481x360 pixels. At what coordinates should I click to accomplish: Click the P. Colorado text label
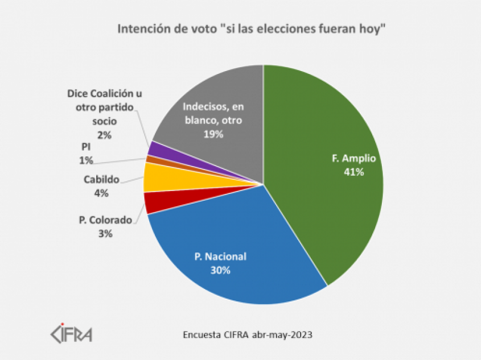pos(105,220)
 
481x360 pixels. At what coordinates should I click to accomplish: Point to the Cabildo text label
pos(102,180)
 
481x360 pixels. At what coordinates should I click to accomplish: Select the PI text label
pos(86,147)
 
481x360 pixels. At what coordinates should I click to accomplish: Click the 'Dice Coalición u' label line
pos(104,93)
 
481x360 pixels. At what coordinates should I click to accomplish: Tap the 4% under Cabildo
pos(102,193)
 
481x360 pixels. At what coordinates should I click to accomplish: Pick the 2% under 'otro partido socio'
pos(104,135)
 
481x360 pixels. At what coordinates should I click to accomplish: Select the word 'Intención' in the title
pos(141,28)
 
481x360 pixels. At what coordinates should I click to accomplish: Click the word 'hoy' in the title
pos(376,28)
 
